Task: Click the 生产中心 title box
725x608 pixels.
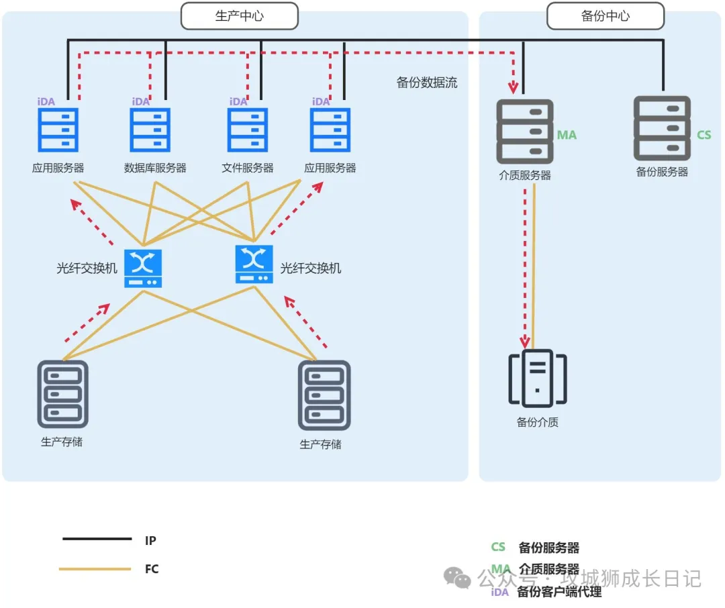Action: coord(239,16)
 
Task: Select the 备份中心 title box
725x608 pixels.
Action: coord(605,16)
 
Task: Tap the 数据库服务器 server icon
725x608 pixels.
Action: coord(150,130)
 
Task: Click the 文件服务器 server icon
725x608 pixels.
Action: coord(248,130)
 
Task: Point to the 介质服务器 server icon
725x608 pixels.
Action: coord(525,132)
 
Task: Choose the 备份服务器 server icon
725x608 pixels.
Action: coord(662,128)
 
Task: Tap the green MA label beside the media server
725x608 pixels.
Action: coord(567,135)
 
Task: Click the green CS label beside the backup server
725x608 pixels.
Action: coord(704,135)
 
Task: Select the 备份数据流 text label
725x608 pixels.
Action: coord(427,83)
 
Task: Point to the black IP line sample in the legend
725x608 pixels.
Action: coord(97,539)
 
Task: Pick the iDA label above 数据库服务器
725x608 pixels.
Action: coord(141,102)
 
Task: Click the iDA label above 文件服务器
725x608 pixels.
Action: coord(238,102)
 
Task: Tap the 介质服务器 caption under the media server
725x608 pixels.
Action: coord(525,175)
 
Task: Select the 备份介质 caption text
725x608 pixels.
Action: coord(537,422)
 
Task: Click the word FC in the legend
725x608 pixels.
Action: coord(152,569)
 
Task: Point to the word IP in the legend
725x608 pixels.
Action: coord(150,540)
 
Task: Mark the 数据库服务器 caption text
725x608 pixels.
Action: coord(155,168)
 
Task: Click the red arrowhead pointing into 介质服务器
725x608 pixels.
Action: coord(514,87)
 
